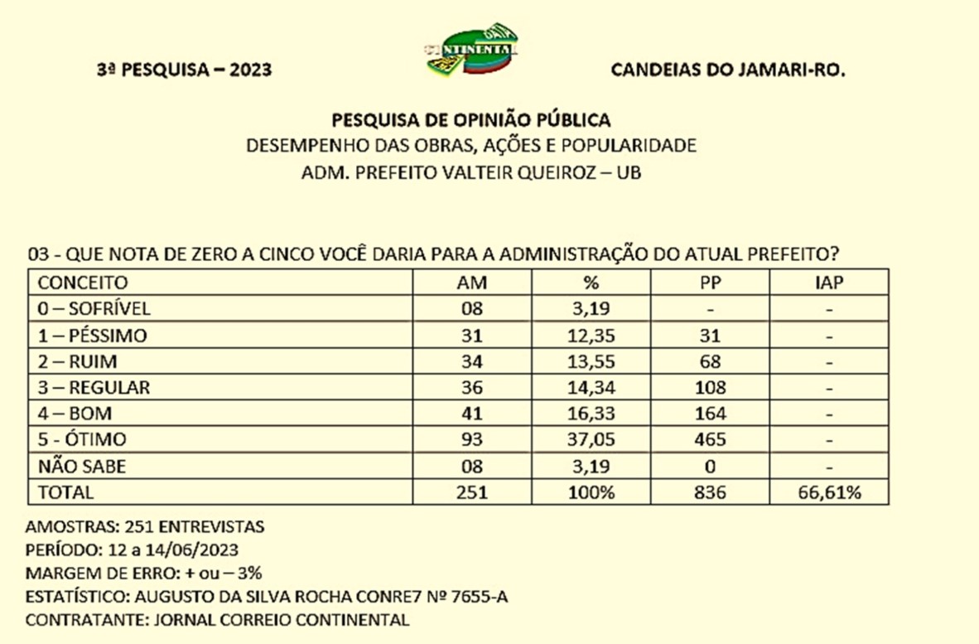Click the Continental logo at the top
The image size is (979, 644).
472,49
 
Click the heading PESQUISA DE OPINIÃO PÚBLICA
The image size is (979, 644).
471,119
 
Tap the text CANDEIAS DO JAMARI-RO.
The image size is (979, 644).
727,70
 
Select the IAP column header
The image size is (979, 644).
829,283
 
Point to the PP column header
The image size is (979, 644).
710,283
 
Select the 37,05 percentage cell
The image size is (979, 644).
591,438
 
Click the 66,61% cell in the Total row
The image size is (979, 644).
829,492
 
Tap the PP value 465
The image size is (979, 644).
710,438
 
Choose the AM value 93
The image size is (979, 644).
472,438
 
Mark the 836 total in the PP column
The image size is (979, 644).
710,492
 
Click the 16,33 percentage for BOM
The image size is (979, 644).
591,413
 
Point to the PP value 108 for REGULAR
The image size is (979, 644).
710,387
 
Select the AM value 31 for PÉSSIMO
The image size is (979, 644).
472,336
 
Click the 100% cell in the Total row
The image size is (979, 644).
591,492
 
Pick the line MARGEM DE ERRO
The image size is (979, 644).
144,573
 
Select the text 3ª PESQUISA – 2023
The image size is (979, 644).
184,70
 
